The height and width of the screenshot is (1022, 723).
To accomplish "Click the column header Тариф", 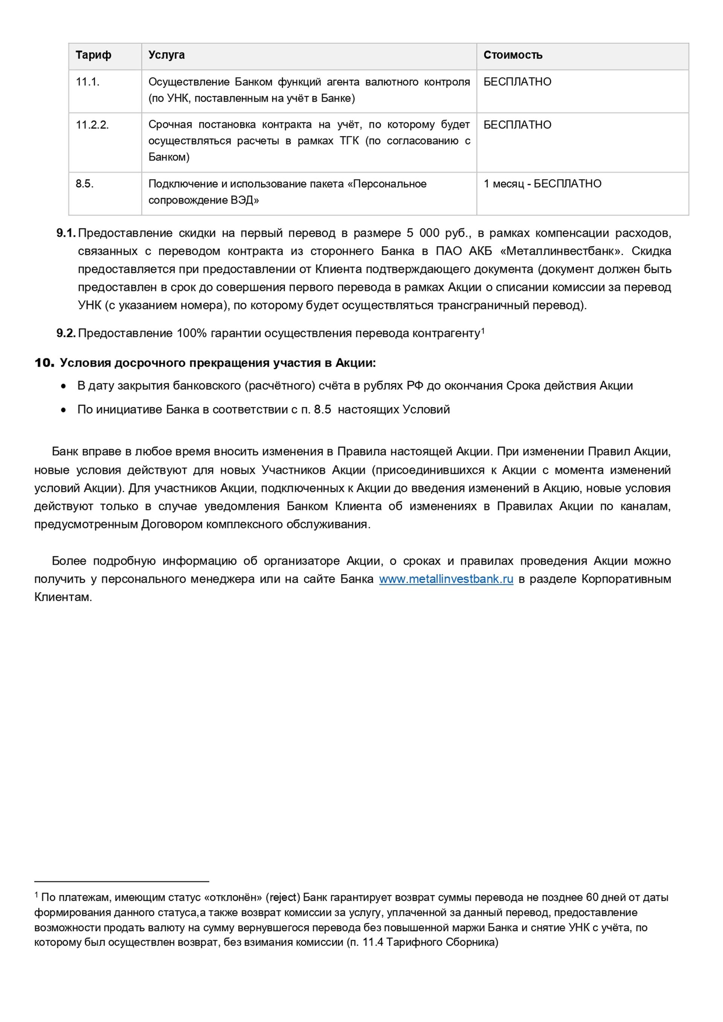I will pyautogui.click(x=93, y=55).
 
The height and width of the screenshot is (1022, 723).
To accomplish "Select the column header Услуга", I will pyautogui.click(x=166, y=55).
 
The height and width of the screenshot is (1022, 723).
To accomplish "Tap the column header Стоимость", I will pyautogui.click(x=513, y=55).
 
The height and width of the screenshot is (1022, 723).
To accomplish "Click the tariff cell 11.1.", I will pyautogui.click(x=87, y=82).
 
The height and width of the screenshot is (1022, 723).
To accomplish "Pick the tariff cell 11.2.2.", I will pyautogui.click(x=92, y=125).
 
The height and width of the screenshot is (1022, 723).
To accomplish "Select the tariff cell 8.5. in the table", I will pyautogui.click(x=85, y=184).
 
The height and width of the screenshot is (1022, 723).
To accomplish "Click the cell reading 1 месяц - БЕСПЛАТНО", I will pyautogui.click(x=542, y=184).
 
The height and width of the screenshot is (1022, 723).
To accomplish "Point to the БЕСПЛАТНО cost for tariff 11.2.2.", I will pyautogui.click(x=517, y=125).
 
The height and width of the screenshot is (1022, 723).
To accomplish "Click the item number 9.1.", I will pyautogui.click(x=66, y=233).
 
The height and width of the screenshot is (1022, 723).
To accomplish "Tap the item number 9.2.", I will pyautogui.click(x=66, y=334).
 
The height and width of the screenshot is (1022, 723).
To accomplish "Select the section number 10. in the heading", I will pyautogui.click(x=44, y=363).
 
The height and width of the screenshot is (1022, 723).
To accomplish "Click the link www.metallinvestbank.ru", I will pyautogui.click(x=446, y=579).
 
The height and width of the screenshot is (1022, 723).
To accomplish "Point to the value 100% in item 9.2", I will pyautogui.click(x=191, y=334).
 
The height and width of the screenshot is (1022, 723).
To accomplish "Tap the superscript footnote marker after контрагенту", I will pyautogui.click(x=483, y=331).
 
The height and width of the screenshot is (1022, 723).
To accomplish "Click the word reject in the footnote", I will pyautogui.click(x=284, y=897).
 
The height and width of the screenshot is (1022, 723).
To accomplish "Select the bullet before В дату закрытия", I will pyautogui.click(x=64, y=386).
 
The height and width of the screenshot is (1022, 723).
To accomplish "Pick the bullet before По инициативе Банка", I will pyautogui.click(x=64, y=410).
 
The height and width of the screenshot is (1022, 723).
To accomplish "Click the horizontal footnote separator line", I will pyautogui.click(x=122, y=881).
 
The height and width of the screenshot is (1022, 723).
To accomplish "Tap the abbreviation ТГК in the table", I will pyautogui.click(x=349, y=141).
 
